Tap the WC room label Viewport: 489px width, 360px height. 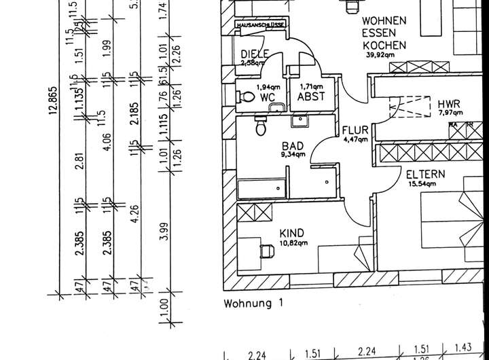[267, 98]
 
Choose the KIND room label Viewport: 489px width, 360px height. [292, 233]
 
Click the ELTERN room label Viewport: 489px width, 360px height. [426, 175]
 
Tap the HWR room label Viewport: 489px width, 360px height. [449, 104]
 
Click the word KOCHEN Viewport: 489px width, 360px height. [384, 46]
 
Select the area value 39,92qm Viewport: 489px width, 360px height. [380, 55]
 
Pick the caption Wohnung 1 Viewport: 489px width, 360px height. [252, 304]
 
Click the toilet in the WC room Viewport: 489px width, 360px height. [242, 97]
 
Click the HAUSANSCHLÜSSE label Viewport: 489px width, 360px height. [261, 25]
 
